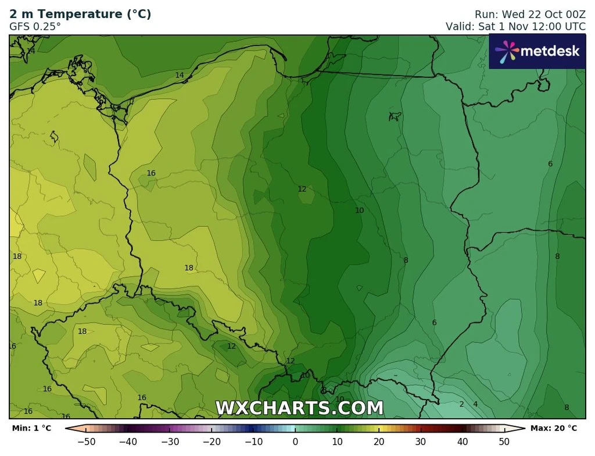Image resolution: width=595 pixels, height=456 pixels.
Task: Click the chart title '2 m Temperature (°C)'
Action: point(80,15)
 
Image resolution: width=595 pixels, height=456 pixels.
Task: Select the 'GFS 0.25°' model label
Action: point(35,26)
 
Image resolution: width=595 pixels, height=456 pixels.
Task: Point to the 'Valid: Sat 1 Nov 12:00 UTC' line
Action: point(515,26)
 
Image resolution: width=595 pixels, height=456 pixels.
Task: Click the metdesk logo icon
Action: point(506,51)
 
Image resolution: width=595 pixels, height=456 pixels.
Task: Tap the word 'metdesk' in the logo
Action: point(550,51)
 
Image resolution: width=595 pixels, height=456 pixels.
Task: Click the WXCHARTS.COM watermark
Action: point(299,408)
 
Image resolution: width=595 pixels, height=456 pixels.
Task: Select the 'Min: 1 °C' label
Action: point(31,429)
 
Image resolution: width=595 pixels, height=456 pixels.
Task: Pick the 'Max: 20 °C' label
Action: point(554,429)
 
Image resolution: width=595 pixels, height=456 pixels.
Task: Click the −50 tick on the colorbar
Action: point(86,442)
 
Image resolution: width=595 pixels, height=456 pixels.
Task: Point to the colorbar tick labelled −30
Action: point(170,442)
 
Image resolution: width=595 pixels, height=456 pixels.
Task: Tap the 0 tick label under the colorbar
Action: point(295,442)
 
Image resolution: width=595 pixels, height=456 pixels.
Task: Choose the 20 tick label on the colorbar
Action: point(379,442)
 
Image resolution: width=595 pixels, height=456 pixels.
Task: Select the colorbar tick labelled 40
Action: point(463,442)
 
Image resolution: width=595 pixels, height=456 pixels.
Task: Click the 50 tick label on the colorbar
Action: point(504,442)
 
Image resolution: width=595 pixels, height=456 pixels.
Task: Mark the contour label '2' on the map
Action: point(461,404)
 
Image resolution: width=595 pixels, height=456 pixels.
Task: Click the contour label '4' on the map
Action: point(475,404)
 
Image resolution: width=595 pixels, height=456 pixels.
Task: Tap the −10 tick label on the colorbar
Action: point(253,442)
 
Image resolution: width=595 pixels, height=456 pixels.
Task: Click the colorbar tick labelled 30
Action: point(421,442)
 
